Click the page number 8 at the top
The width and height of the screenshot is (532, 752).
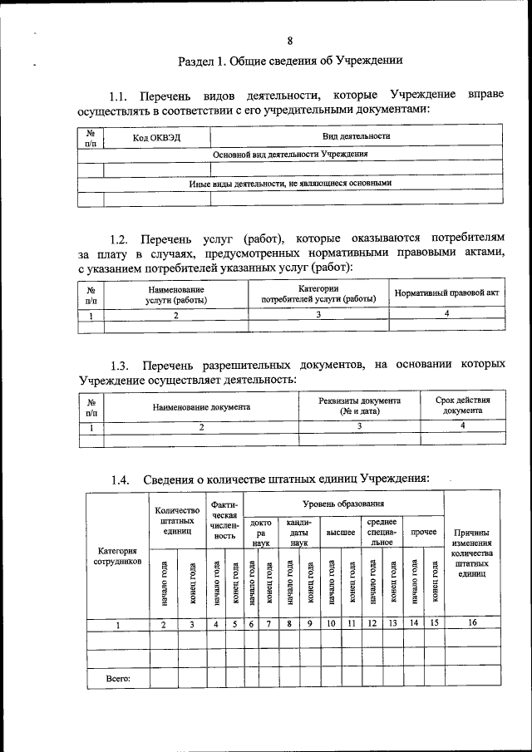pyautogui.click(x=289, y=41)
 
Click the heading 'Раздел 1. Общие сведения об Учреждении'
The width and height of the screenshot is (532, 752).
pyautogui.click(x=290, y=61)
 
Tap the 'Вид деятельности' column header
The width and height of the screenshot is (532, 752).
pyautogui.click(x=357, y=136)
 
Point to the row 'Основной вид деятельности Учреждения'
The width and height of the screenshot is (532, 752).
pyautogui.click(x=290, y=155)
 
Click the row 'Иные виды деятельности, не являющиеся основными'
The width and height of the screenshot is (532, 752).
pyautogui.click(x=290, y=183)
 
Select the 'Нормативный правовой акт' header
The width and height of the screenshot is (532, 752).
pyautogui.click(x=446, y=293)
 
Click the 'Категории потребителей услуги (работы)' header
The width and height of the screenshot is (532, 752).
pyautogui.click(x=318, y=293)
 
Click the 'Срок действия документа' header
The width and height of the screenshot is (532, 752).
pyautogui.click(x=462, y=405)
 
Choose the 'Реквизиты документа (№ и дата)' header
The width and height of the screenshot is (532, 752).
pyautogui.click(x=359, y=405)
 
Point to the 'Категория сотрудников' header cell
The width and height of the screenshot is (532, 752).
pyautogui.click(x=117, y=556)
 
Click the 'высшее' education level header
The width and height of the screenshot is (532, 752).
pyautogui.click(x=341, y=531)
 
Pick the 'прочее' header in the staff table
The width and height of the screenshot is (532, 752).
pyautogui.click(x=423, y=531)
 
